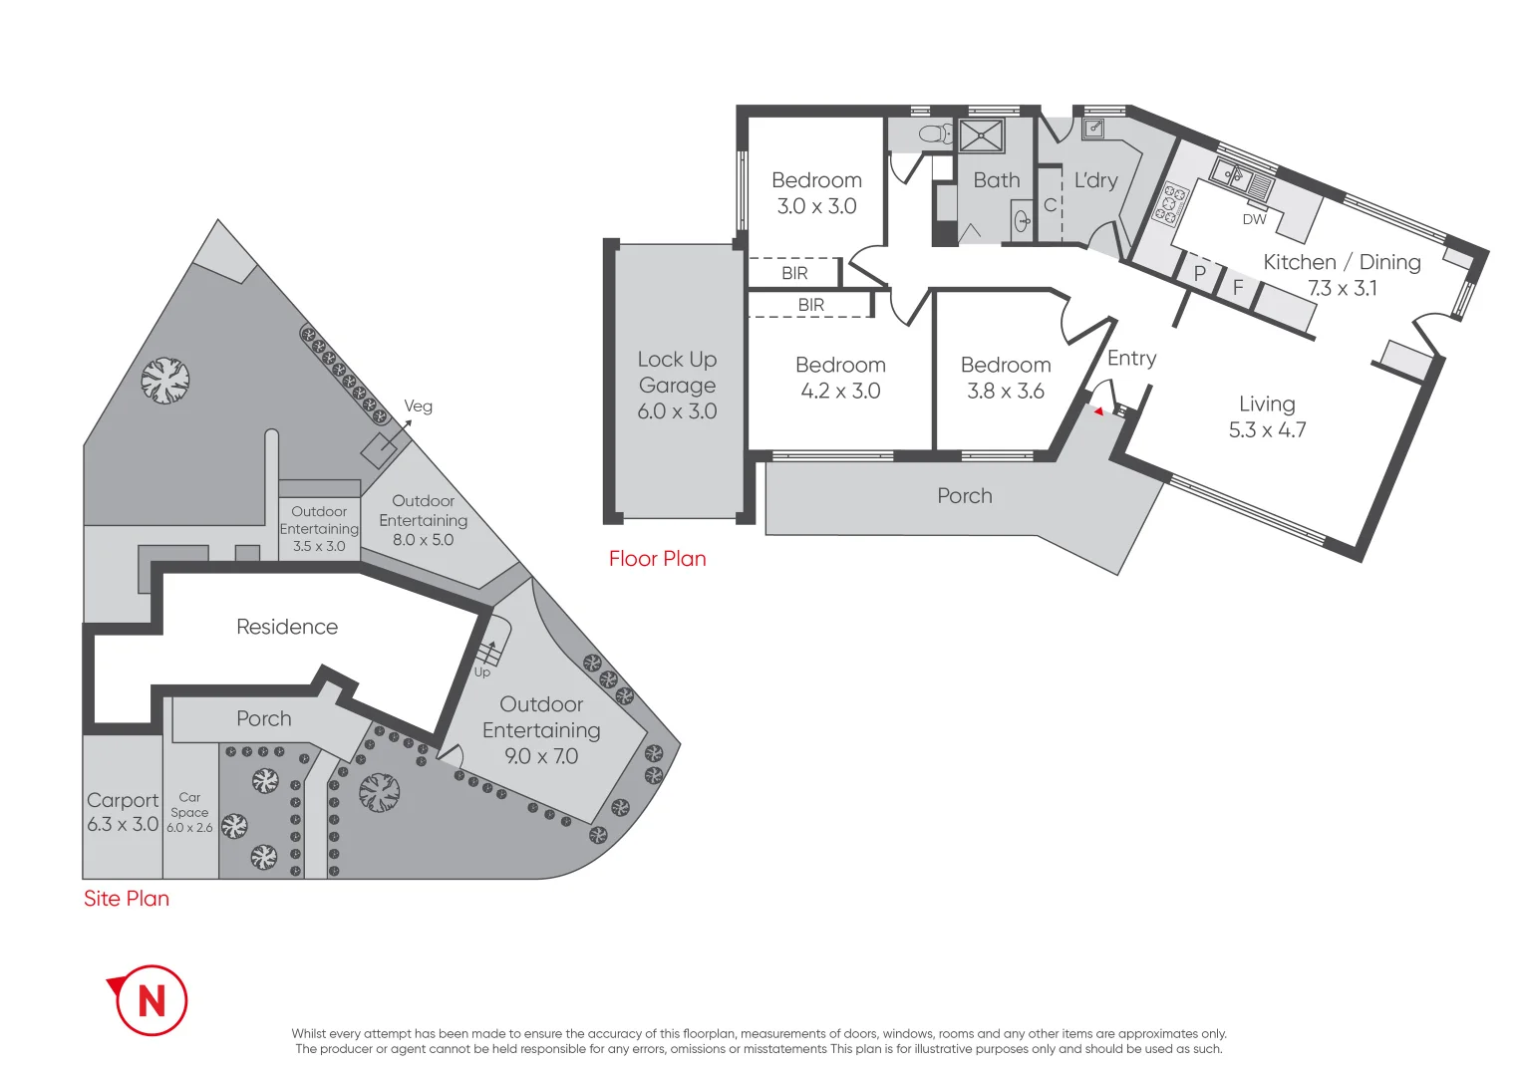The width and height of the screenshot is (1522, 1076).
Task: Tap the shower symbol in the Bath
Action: tap(981, 135)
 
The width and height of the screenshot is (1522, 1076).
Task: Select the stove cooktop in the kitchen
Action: tap(1170, 203)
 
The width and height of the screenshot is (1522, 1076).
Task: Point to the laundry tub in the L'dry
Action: tap(1093, 128)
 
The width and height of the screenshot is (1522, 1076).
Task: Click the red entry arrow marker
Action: tap(1098, 411)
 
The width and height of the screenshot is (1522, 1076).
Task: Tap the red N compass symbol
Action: tap(151, 999)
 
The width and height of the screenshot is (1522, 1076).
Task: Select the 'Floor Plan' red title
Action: tap(657, 559)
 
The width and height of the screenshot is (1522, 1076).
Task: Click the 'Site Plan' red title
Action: tap(127, 899)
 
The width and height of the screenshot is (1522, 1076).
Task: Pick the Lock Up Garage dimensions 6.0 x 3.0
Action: tap(677, 411)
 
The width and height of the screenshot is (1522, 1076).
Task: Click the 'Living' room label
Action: tap(1267, 403)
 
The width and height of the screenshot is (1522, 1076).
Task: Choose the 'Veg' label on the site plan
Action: tap(418, 406)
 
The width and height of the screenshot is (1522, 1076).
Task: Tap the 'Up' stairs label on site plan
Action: tap(482, 672)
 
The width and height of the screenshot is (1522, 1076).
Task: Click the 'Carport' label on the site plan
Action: tap(123, 800)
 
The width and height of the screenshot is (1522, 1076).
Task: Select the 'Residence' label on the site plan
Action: tap(287, 627)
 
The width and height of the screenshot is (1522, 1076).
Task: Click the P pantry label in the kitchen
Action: tap(1200, 272)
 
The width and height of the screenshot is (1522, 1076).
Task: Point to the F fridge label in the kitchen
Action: tap(1238, 287)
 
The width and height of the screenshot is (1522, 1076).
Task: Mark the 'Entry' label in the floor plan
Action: tap(1131, 359)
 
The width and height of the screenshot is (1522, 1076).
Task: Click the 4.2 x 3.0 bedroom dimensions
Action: tap(840, 392)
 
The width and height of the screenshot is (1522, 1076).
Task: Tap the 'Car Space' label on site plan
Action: tap(189, 805)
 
